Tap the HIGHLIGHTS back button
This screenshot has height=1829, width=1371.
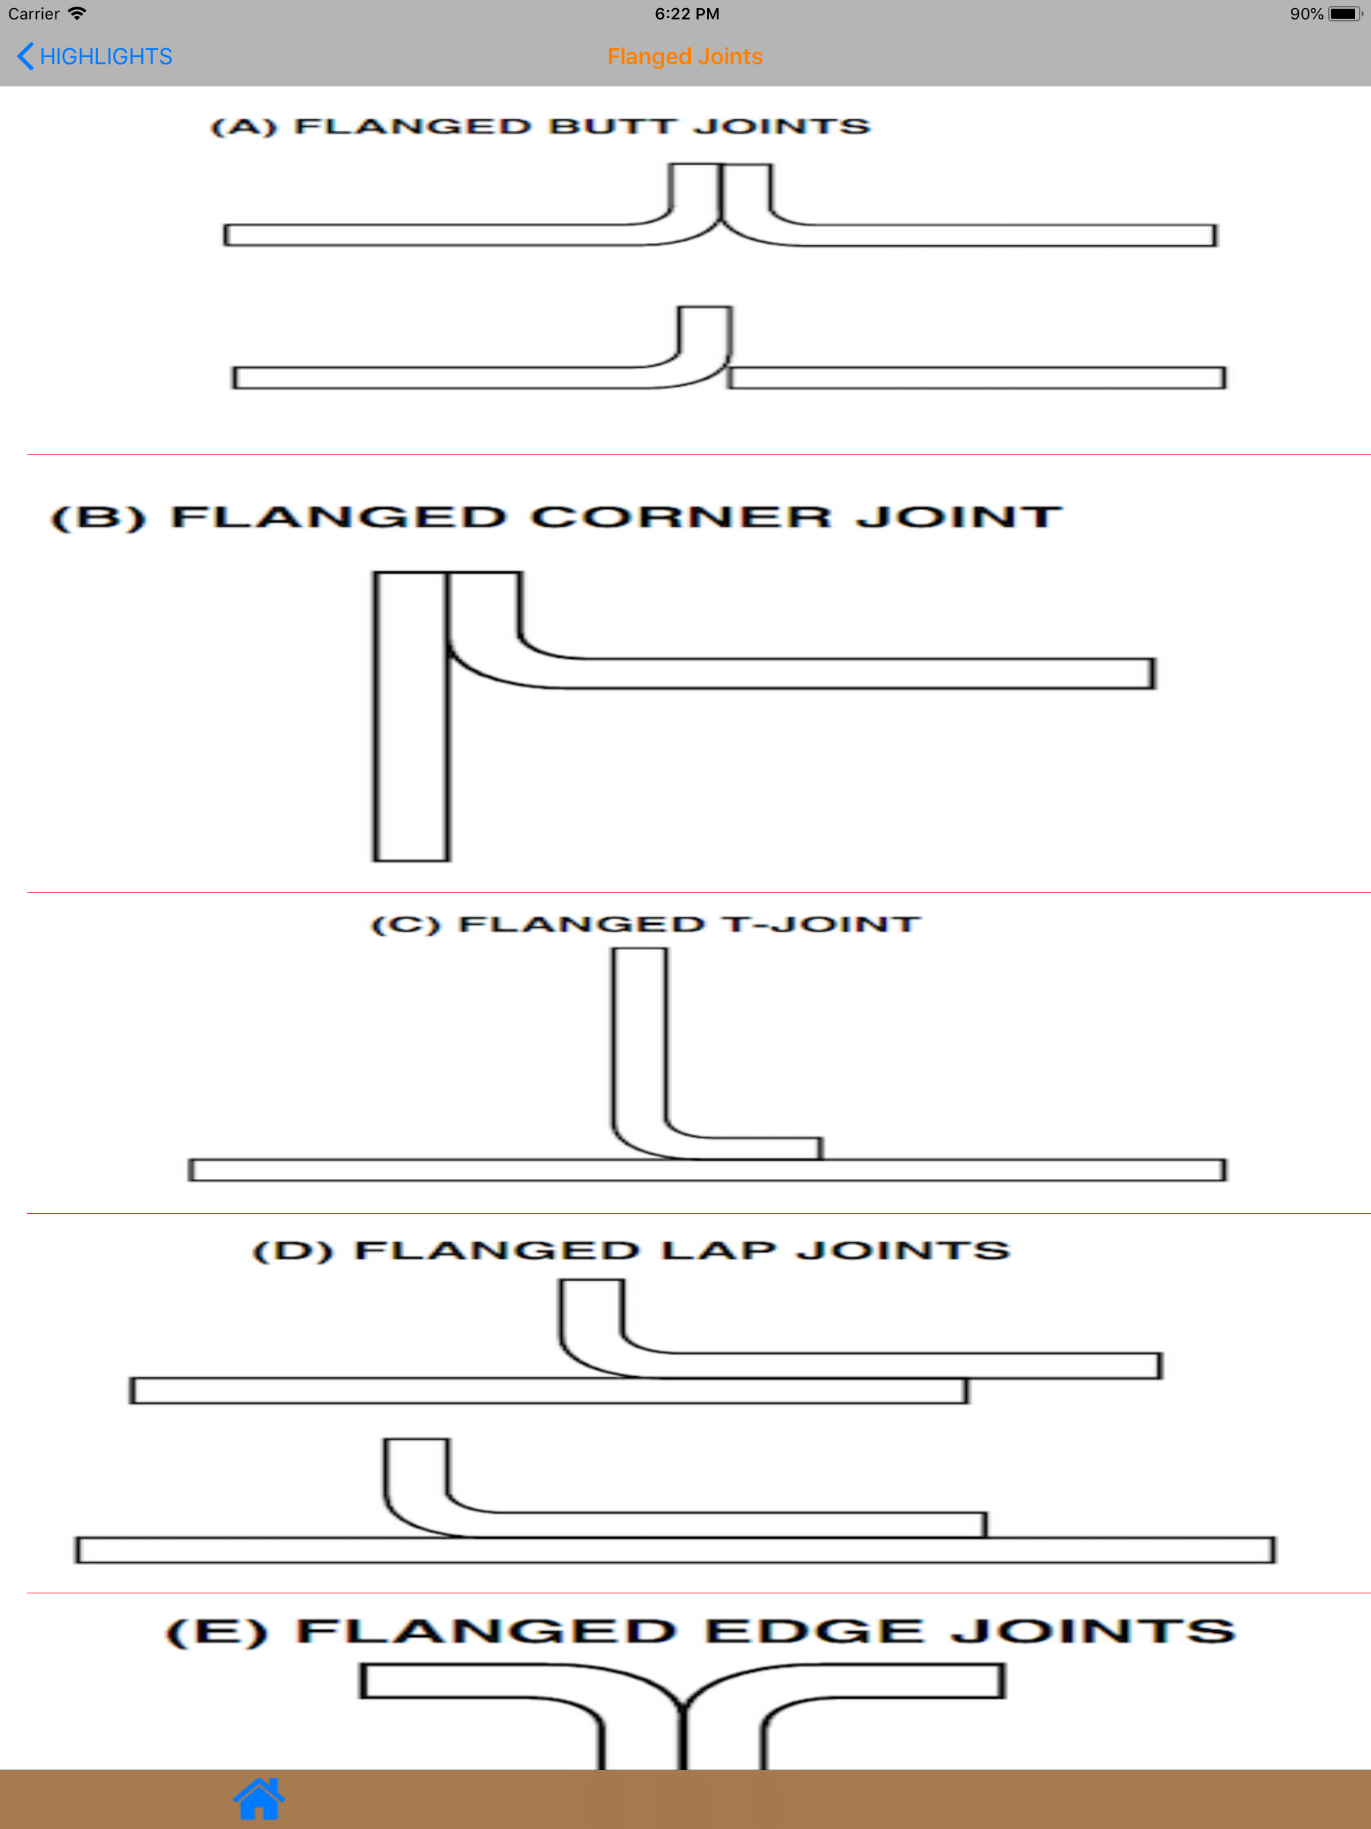94,56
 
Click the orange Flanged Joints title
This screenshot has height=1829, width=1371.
685,56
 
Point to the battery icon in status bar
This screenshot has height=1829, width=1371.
1344,14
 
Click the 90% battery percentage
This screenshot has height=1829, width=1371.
1307,14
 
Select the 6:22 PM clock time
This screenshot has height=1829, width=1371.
687,14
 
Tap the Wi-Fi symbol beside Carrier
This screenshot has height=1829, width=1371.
78,13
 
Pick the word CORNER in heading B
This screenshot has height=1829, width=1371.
681,518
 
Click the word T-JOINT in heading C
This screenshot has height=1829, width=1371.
820,924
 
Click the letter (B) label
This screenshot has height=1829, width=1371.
98,518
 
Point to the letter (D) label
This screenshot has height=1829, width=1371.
293,1250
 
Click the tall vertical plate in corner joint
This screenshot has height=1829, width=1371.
411,716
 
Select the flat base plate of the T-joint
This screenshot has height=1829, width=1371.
707,1169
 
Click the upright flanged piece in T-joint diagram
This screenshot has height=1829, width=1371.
640,1050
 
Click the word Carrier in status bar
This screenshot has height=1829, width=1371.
33,14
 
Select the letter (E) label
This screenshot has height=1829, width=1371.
218,1632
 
